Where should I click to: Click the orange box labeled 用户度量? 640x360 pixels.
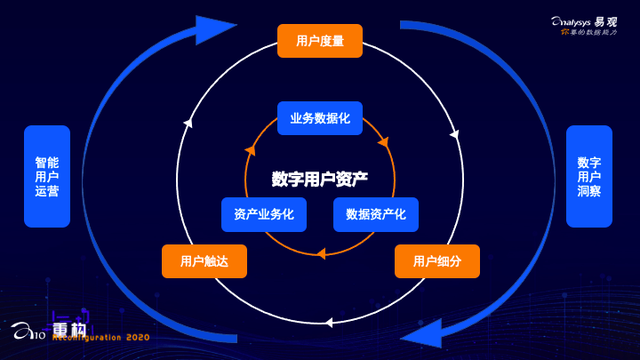(320, 41)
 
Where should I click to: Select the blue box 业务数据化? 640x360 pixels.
(320, 118)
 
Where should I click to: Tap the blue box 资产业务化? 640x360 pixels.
(264, 214)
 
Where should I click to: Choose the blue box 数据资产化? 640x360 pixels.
(376, 214)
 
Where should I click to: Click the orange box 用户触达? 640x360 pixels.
(204, 261)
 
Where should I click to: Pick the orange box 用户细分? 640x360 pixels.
(437, 261)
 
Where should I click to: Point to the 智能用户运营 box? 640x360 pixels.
(47, 176)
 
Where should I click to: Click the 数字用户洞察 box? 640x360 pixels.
(589, 176)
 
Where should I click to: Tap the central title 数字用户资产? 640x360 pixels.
(320, 178)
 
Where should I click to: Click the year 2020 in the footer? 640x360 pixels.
(138, 338)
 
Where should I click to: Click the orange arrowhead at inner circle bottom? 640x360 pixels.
(321, 253)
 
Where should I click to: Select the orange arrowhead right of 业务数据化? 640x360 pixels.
(383, 140)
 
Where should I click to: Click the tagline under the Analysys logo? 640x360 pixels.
(591, 32)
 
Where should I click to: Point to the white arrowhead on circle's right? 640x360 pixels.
(454, 135)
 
